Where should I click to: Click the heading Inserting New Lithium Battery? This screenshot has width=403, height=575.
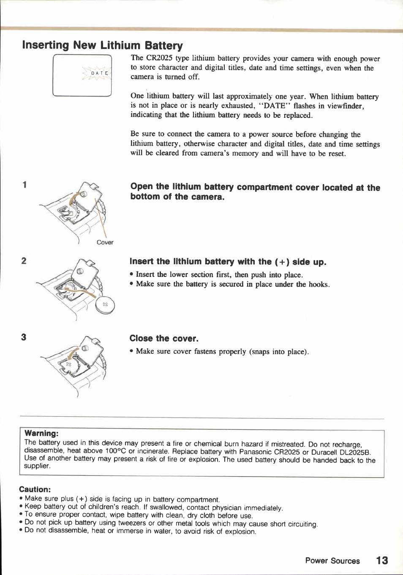coord(102,45)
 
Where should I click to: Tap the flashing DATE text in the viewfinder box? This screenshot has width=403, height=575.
coord(99,73)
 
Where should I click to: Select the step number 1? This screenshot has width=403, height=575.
coord(25,185)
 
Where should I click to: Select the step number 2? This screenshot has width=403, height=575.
coord(24,261)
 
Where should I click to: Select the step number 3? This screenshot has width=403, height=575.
coord(24,337)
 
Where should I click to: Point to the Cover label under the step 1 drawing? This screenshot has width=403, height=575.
coord(105,242)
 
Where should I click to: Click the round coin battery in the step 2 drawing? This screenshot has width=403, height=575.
coord(105,304)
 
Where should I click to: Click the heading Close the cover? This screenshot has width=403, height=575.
coord(164,339)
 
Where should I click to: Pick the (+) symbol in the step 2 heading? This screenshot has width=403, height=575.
coord(282,262)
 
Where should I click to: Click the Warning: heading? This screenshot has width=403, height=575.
coord(41,433)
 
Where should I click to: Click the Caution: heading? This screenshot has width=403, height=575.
coord(35,489)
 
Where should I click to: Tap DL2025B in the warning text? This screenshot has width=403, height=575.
coord(355,452)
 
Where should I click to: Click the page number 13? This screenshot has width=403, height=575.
coord(382,560)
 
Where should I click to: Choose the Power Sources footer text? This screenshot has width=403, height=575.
coord(332,561)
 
